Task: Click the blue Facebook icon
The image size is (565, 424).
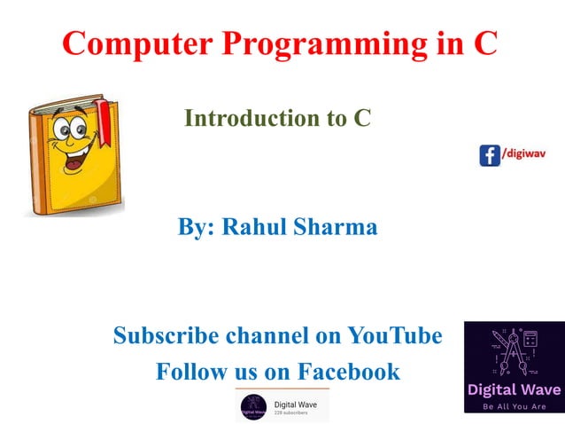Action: (490, 155)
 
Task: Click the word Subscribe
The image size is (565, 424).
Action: (165, 336)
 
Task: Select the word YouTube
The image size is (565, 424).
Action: (394, 336)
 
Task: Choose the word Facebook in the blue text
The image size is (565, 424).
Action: (349, 372)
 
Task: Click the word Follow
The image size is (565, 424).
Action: (190, 372)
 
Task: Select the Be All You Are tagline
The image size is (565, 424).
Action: (514, 405)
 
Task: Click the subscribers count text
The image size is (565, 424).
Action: (290, 413)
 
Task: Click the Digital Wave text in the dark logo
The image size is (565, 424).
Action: (514, 389)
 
